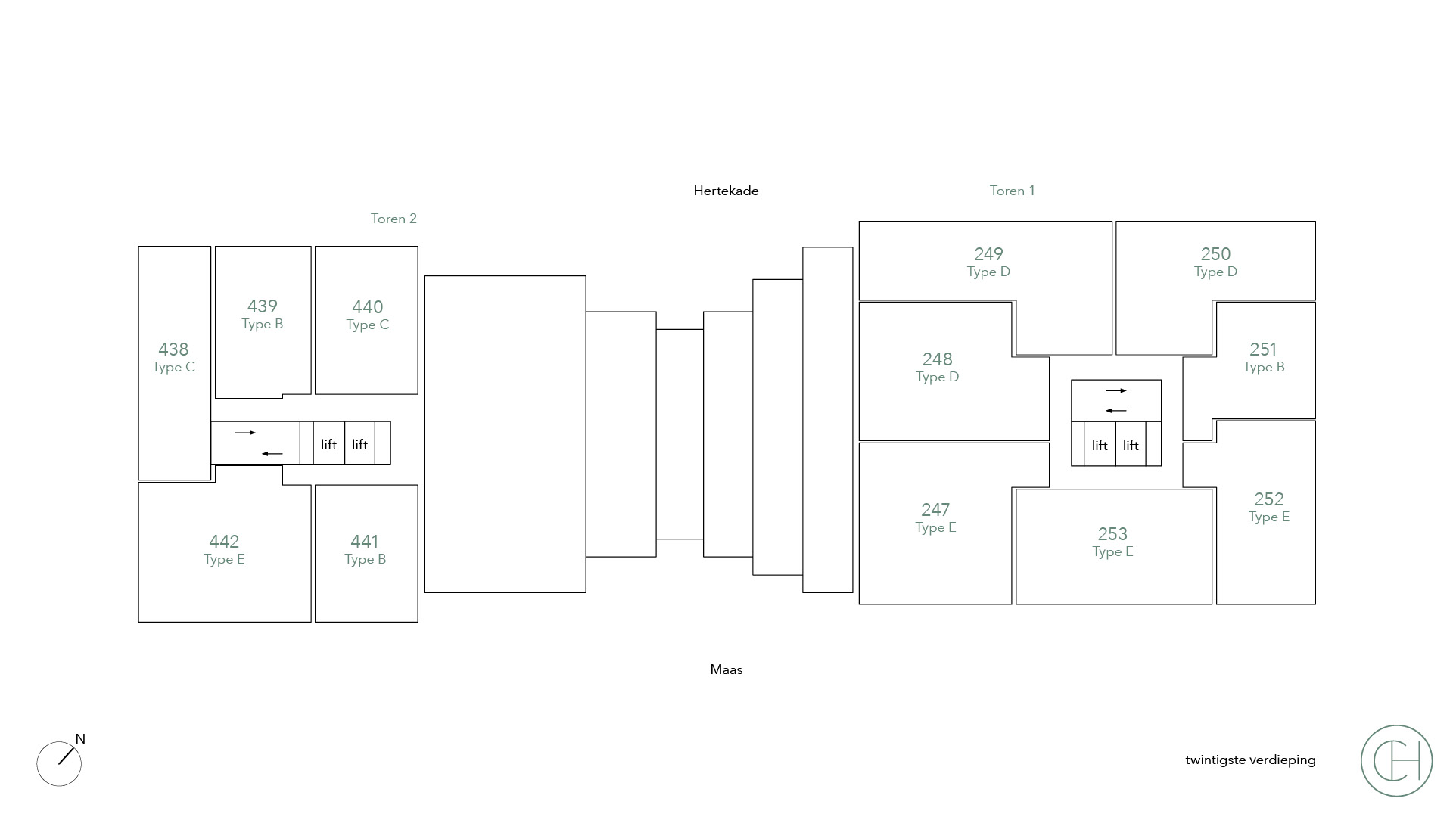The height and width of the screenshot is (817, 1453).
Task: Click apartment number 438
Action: coord(173,349)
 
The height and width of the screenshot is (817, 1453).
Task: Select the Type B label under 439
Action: coord(262,325)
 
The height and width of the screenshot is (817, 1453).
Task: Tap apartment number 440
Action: coord(367,307)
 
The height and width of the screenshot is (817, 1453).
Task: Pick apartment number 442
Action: coord(224,542)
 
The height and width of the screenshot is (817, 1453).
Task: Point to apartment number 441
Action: coord(365,542)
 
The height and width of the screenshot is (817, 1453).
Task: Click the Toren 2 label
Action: coord(394,219)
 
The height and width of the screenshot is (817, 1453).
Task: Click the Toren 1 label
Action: coord(1012,191)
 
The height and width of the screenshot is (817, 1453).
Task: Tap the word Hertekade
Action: coord(726,191)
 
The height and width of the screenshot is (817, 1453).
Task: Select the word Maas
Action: coord(726,669)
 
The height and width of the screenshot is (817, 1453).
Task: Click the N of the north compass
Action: coord(80,739)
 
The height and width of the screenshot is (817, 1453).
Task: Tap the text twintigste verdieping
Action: coord(1250,760)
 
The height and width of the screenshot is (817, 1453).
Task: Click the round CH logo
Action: coord(1396,760)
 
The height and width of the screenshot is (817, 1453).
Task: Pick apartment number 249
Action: coord(988,254)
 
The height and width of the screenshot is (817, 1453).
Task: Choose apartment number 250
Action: coord(1215,254)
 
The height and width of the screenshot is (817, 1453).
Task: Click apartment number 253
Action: coord(1112,534)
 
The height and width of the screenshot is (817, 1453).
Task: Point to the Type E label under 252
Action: coord(1268,517)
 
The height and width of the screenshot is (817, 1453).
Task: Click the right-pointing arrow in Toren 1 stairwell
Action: coord(1115,391)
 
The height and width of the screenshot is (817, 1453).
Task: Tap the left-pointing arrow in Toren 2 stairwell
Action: coord(272,454)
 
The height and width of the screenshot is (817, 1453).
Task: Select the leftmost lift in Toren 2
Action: coord(328,445)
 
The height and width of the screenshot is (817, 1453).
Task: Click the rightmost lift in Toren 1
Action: coord(1131,446)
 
